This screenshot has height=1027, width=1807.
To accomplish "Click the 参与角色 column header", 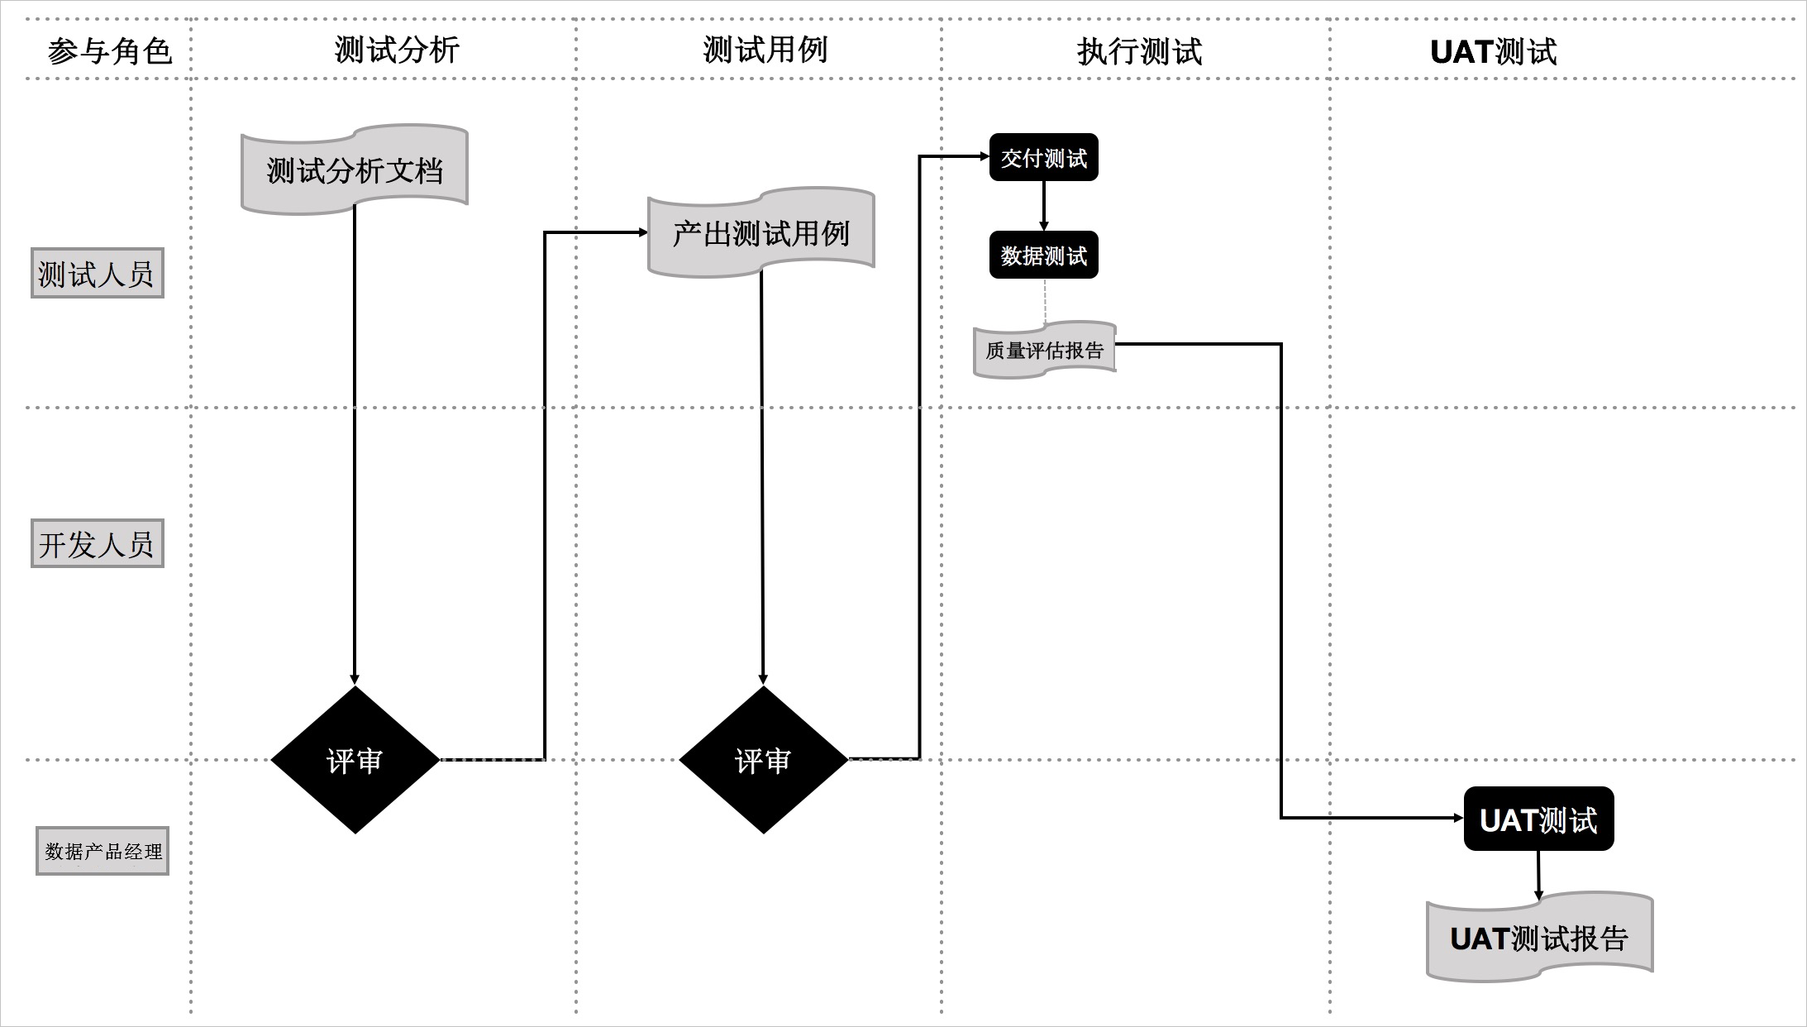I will tap(110, 51).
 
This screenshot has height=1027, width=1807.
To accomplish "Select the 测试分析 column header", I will tap(397, 50).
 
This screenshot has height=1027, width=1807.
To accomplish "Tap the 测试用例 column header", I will tap(765, 50).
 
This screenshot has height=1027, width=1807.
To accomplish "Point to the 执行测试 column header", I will tap(1139, 51).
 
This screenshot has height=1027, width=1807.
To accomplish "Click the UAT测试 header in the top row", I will tap(1493, 51).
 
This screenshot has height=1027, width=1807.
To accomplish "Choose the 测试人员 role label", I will tap(97, 274).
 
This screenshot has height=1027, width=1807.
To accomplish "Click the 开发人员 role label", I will tap(97, 544).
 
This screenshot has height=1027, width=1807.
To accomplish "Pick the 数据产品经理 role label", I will tap(103, 851).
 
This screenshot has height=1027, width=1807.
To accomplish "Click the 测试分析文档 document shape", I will tap(355, 170).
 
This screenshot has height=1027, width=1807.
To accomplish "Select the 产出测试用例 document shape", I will tap(761, 233).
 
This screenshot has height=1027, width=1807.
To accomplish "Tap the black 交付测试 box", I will tap(1043, 157).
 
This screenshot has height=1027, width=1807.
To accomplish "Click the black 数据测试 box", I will tap(1043, 255).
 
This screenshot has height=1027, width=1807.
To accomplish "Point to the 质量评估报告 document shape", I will tap(1044, 350).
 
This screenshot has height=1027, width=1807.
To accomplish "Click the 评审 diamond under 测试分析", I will tap(355, 760).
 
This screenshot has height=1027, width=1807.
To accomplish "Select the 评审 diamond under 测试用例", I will tap(763, 760).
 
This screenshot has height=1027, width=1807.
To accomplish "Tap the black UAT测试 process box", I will tap(1538, 819).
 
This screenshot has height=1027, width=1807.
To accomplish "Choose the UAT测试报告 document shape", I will tap(1538, 938).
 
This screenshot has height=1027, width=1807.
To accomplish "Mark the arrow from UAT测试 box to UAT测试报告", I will tap(1538, 873).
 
